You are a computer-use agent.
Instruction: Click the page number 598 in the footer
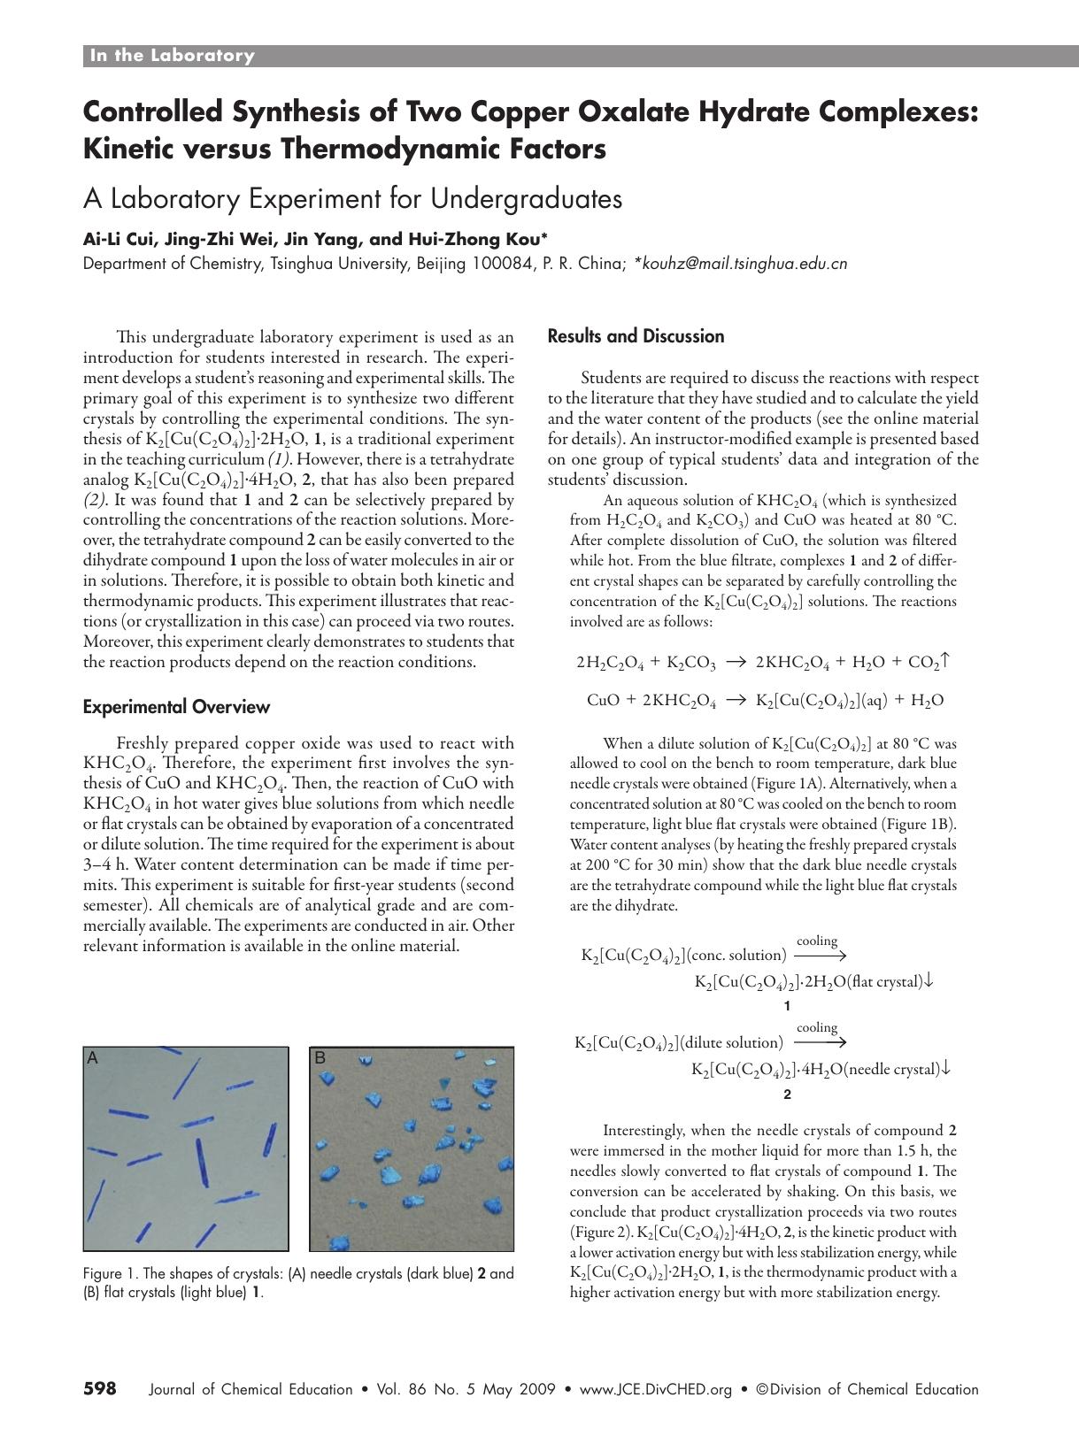tap(100, 1388)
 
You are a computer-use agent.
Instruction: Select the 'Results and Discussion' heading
tap(636, 336)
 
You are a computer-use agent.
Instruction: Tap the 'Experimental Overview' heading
tap(176, 707)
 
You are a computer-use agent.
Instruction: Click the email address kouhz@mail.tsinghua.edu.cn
tap(744, 264)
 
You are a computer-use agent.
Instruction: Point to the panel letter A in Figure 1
tap(91, 1057)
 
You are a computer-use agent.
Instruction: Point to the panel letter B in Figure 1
tap(320, 1057)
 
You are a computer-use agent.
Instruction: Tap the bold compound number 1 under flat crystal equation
tap(787, 1006)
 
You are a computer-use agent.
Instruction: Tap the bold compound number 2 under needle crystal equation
tap(787, 1095)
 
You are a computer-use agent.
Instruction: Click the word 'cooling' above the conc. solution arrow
tap(817, 941)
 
